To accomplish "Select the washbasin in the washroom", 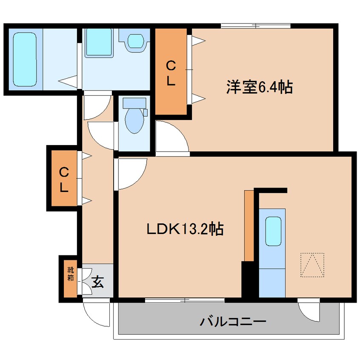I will click(x=136, y=40).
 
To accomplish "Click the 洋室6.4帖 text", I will click(x=259, y=88).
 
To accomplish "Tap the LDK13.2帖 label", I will click(x=185, y=229).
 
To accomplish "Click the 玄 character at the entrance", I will click(x=98, y=282).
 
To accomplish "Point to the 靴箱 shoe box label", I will click(x=69, y=275).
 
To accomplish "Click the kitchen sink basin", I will click(x=273, y=230).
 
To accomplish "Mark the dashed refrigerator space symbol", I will click(x=312, y=265).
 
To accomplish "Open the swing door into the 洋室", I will click(x=170, y=136).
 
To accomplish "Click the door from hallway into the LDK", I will click(x=130, y=172).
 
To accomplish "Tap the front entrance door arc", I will click(x=96, y=313).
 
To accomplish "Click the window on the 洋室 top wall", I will click(x=255, y=26).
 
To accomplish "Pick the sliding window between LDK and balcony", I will click(x=185, y=300).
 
